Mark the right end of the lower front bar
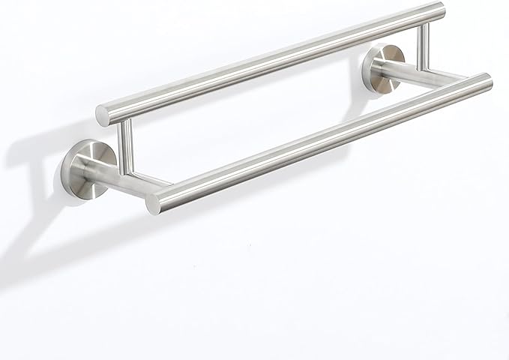coord(486,81)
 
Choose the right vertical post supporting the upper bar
coord(424,43)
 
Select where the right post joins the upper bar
coord(424,25)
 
